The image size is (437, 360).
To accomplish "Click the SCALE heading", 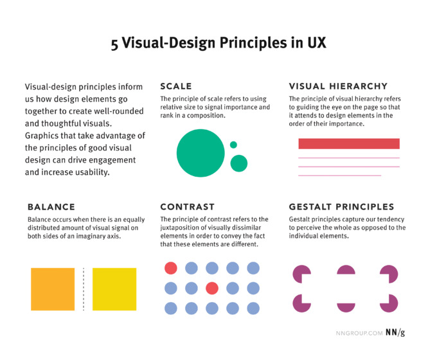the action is tap(176, 86).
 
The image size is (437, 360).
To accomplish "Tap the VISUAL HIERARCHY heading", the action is tap(338, 86).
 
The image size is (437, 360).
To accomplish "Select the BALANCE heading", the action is tap(51, 207).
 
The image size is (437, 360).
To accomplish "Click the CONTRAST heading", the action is tap(187, 207).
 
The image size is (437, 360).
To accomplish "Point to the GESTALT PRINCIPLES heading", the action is tap(341, 207).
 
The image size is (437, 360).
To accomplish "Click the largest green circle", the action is tap(201, 153).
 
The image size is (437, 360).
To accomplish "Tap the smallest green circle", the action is tap(233, 145).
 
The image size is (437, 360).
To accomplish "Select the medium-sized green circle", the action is tap(239, 163).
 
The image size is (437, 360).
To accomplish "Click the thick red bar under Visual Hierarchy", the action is tap(349, 143).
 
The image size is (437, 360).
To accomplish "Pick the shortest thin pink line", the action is tap(340, 175).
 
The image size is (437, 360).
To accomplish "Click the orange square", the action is tap(53, 289).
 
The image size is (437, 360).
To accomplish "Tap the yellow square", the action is tap(114, 289).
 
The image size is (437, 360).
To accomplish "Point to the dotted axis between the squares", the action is tap(84, 289).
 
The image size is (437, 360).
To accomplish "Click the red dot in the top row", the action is tap(171, 268).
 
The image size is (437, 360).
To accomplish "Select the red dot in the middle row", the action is tap(212, 289).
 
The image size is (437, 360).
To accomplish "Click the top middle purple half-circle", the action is tap(346, 270).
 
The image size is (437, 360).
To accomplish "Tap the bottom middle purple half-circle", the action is tap(346, 307).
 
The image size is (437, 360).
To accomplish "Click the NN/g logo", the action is tap(395, 332).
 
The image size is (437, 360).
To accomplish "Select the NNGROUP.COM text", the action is tap(359, 333).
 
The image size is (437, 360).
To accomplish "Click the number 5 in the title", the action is tap(114, 44).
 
